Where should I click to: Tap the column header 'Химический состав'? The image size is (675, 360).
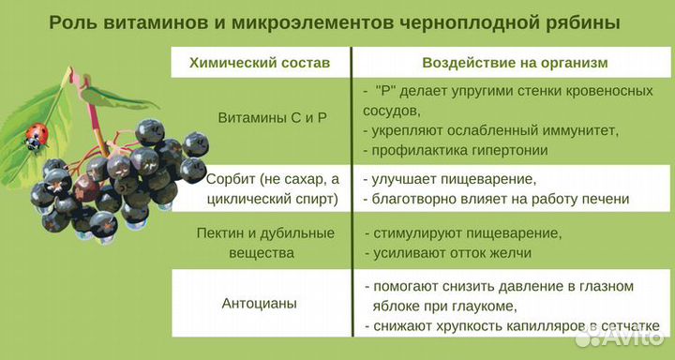[260, 63]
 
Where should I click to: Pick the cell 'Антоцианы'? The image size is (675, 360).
[260, 304]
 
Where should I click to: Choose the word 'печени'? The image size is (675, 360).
[604, 199]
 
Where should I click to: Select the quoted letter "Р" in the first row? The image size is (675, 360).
[388, 91]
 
